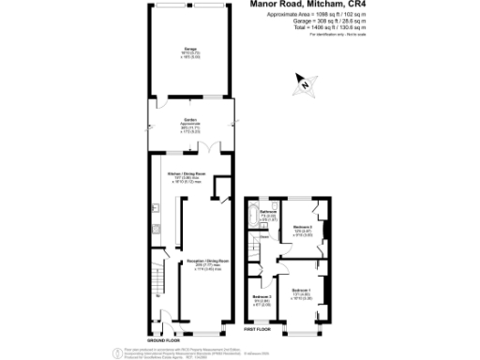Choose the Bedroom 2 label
pyautogui.click(x=302, y=229)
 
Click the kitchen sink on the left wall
pyautogui.click(x=153, y=207)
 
